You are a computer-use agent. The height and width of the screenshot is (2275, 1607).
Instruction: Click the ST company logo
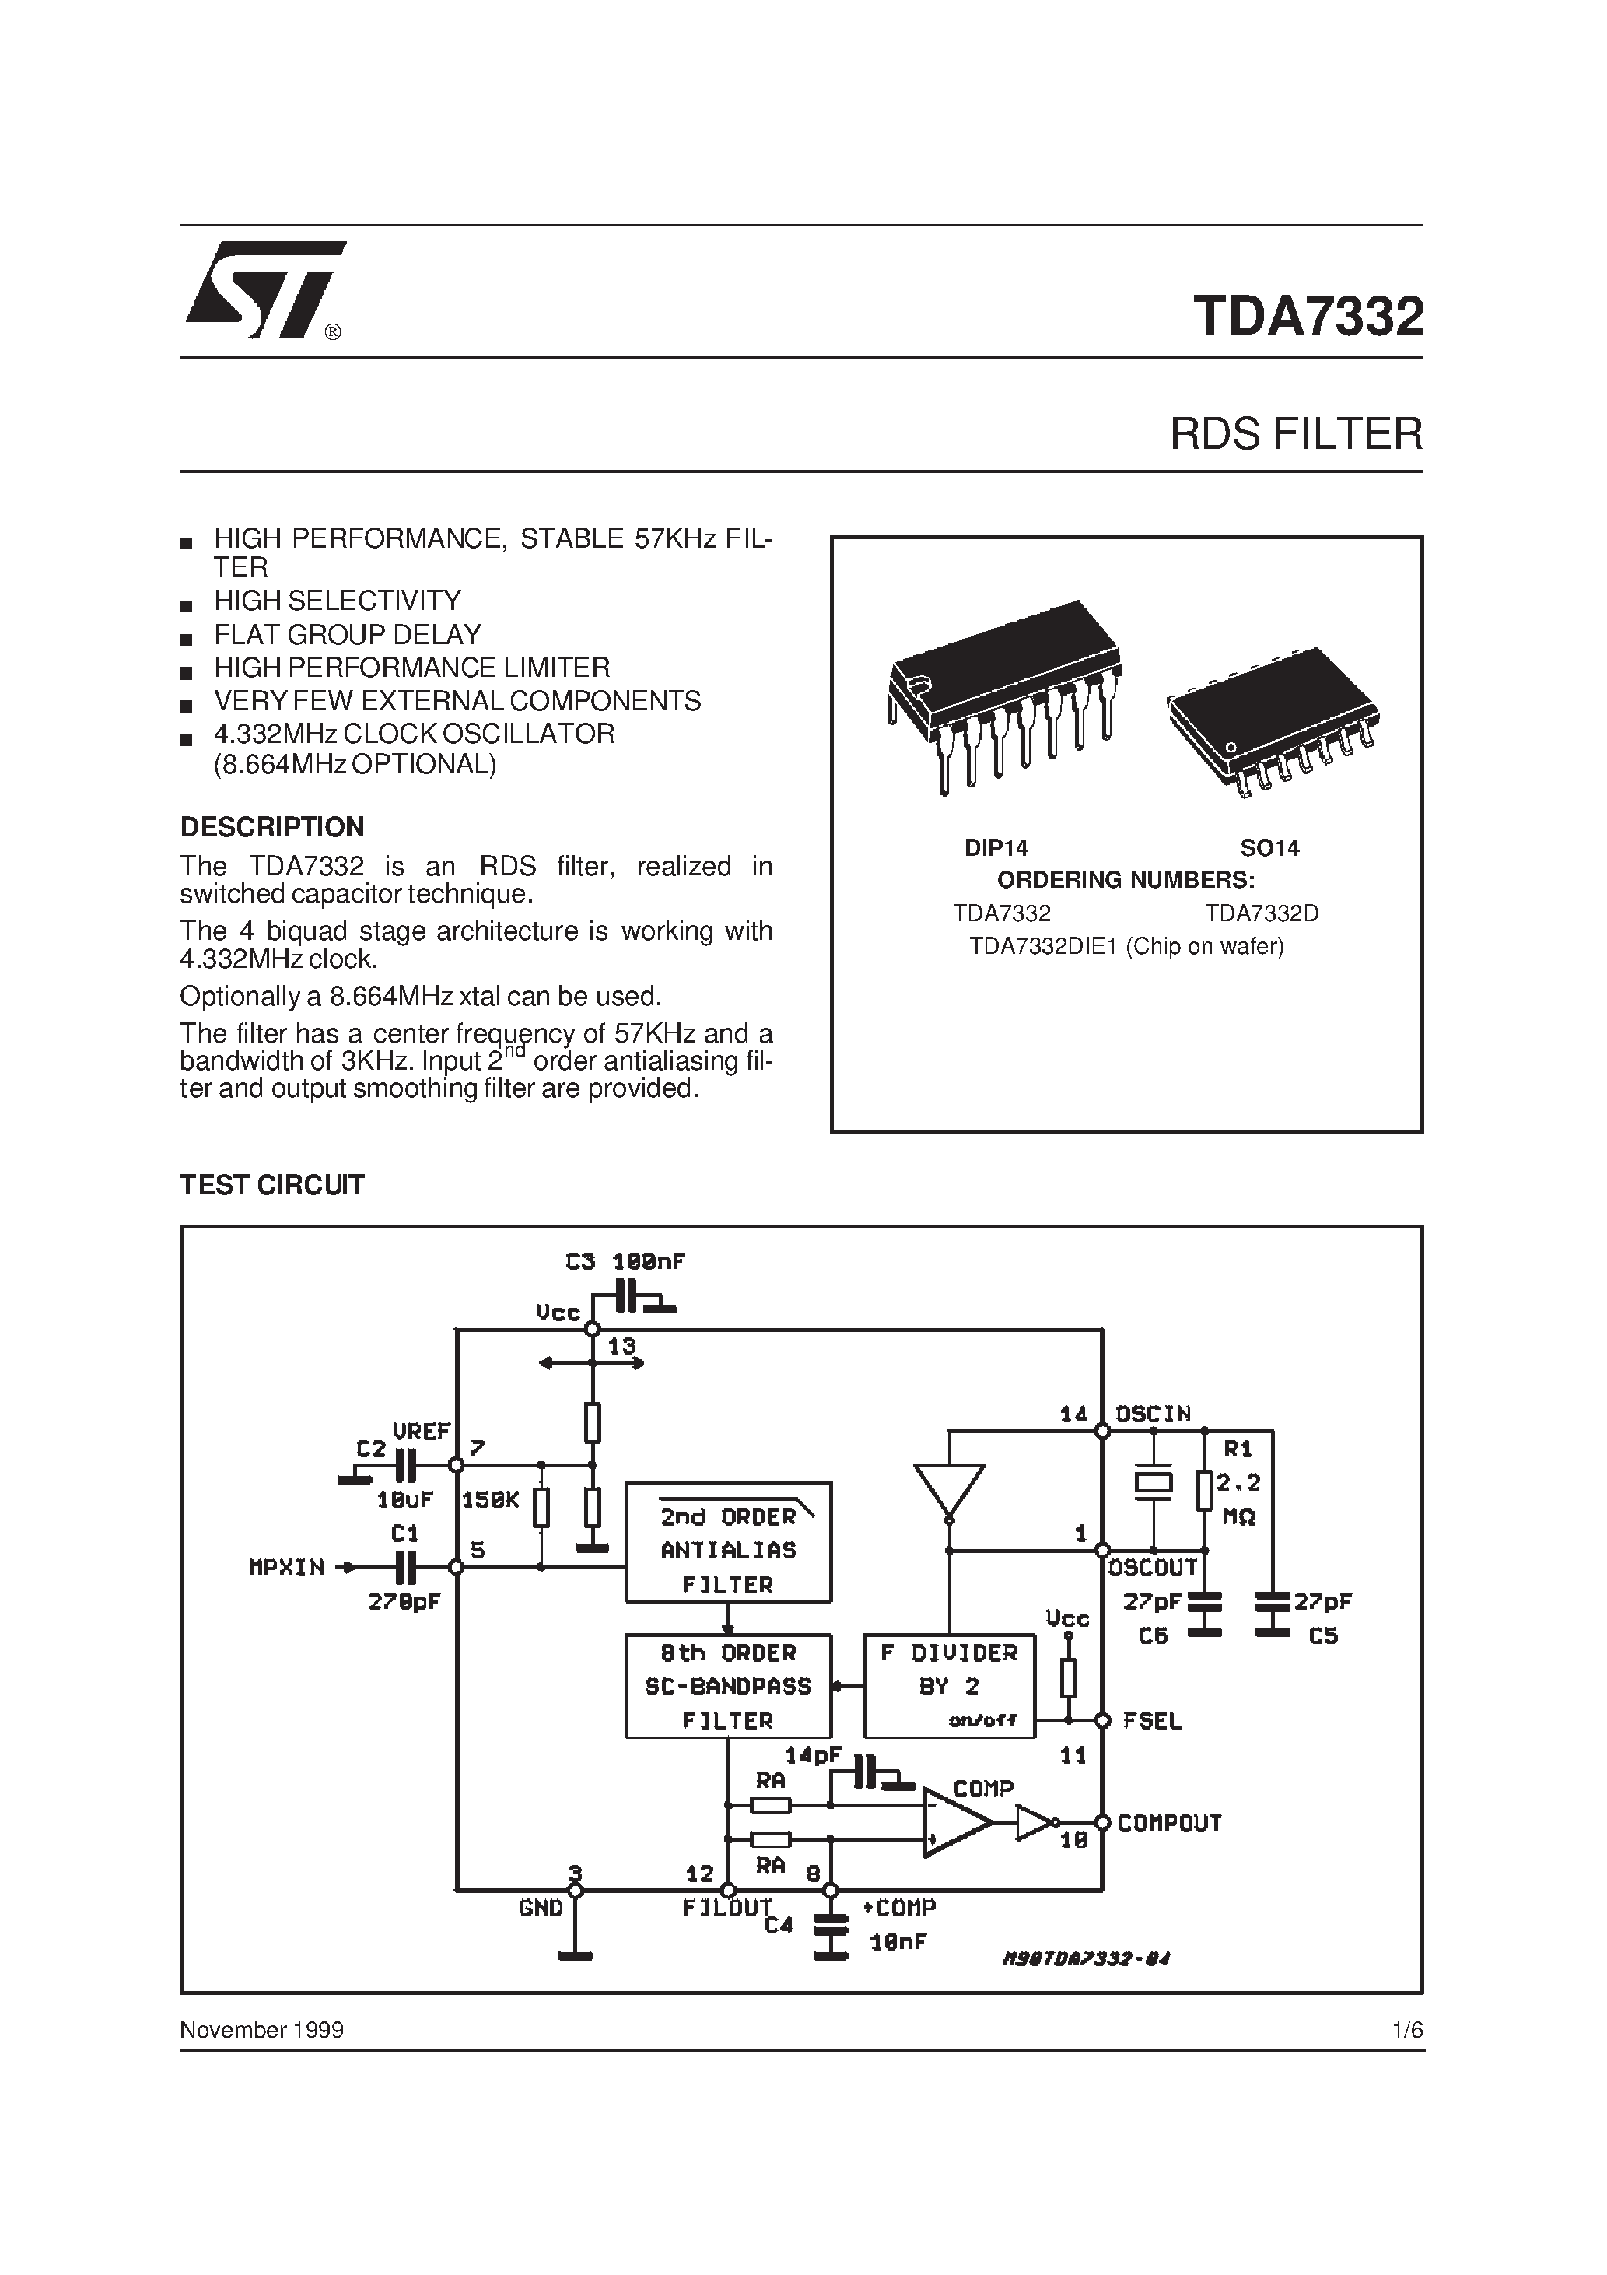point(264,289)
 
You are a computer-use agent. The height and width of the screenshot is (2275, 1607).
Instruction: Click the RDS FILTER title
point(1295,434)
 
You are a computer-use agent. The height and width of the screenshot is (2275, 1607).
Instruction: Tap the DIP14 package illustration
point(1003,693)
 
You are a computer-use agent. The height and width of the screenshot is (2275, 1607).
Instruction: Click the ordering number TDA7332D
point(1261,913)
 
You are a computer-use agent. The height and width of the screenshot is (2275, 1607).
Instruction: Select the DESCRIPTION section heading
point(271,826)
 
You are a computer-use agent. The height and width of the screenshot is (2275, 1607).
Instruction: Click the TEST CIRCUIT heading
point(271,1184)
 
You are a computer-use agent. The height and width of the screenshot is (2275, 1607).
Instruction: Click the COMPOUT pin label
point(1169,1823)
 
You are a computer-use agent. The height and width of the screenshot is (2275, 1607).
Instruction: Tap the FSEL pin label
point(1152,1721)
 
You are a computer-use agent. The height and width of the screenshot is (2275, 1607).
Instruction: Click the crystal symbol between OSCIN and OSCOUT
point(1154,1482)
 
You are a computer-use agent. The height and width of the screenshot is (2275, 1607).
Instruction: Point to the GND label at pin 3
point(540,1909)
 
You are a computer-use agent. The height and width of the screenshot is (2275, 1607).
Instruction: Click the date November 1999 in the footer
point(261,2030)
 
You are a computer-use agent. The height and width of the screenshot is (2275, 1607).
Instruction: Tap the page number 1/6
point(1407,2030)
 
